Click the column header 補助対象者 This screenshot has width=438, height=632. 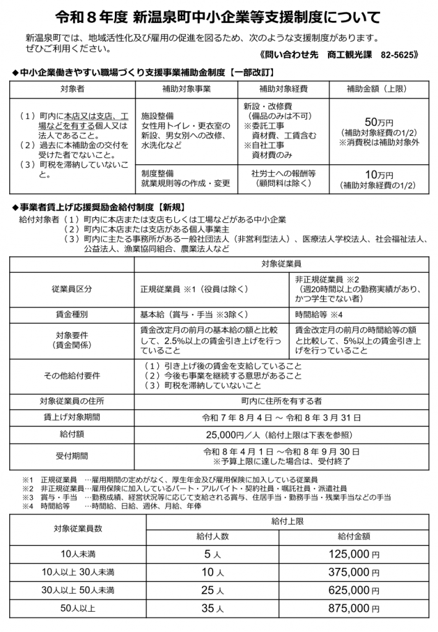click(72, 89)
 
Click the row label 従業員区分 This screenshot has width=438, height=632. click(72, 288)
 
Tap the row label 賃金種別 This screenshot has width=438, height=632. click(72, 314)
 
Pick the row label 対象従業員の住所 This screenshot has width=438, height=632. click(72, 400)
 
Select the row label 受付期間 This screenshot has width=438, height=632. click(72, 456)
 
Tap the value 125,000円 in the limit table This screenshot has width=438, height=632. click(353, 554)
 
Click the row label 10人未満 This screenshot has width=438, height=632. click(78, 554)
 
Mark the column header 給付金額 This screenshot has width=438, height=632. click(353, 536)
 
